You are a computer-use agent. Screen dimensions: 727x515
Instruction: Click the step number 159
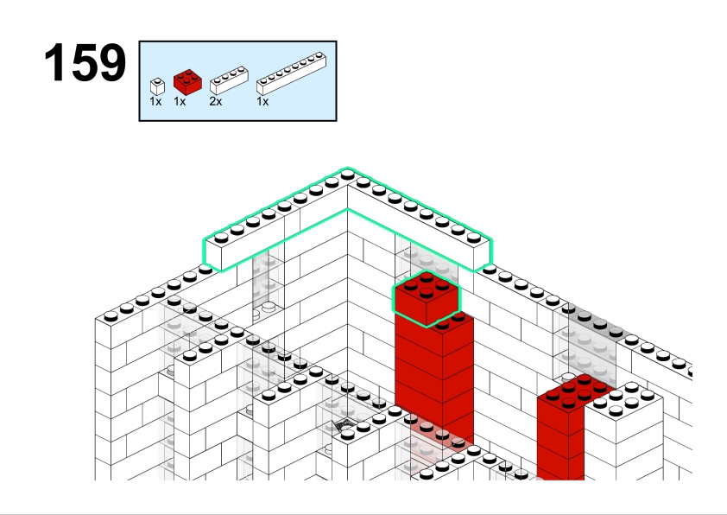(x=85, y=62)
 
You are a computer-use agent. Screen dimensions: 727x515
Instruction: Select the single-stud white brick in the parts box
(x=157, y=86)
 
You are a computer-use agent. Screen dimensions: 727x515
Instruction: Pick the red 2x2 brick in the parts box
(x=187, y=82)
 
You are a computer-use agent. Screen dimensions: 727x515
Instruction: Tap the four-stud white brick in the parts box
(x=229, y=80)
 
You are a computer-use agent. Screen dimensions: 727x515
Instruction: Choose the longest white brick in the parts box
(x=291, y=73)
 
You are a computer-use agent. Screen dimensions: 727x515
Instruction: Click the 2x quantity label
(x=216, y=101)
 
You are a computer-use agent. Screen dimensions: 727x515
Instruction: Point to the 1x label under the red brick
(x=180, y=101)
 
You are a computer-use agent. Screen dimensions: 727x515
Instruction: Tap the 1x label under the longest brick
(x=262, y=101)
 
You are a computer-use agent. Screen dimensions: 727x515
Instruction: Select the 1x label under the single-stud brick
(x=155, y=101)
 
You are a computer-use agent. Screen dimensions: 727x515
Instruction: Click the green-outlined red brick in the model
(x=427, y=298)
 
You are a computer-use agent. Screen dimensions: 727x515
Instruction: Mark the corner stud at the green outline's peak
(x=347, y=175)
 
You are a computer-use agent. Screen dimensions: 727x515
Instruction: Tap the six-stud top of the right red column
(x=576, y=392)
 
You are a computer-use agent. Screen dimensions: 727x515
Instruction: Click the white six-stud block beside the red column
(x=623, y=401)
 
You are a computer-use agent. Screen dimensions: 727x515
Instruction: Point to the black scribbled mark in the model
(x=344, y=425)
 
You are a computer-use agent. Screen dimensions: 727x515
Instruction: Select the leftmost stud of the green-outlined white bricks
(x=221, y=238)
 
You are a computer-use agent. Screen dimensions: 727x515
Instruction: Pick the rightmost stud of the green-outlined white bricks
(x=473, y=238)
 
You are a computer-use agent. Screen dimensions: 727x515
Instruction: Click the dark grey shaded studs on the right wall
(x=592, y=320)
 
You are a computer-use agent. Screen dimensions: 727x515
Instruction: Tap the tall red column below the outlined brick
(x=434, y=380)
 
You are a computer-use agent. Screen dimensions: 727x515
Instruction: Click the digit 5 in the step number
(x=85, y=62)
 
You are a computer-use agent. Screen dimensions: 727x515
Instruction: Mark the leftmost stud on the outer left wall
(x=111, y=316)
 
